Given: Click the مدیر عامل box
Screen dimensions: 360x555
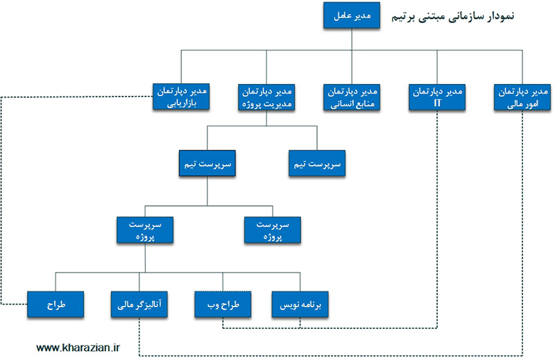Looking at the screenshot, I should (x=352, y=16).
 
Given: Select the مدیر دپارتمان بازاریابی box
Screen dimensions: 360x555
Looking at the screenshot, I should (x=181, y=97).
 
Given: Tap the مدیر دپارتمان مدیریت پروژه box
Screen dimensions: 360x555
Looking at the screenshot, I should (x=266, y=97).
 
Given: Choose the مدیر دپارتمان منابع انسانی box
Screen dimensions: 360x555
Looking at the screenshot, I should (x=352, y=97).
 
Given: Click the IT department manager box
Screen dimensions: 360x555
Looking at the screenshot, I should (x=437, y=97).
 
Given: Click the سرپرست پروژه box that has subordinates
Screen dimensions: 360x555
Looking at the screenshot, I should (x=145, y=230).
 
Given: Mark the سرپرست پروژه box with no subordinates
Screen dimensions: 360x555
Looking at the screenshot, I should (x=272, y=230).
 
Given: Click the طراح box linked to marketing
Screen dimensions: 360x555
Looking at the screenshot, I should (x=56, y=304).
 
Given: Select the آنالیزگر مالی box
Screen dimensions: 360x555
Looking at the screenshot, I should (x=139, y=304).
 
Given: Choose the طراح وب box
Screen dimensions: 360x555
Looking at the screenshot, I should (x=222, y=304).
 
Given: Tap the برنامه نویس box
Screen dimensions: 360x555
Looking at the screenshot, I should (x=300, y=304).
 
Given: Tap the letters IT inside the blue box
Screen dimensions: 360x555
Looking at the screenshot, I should (x=437, y=103).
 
